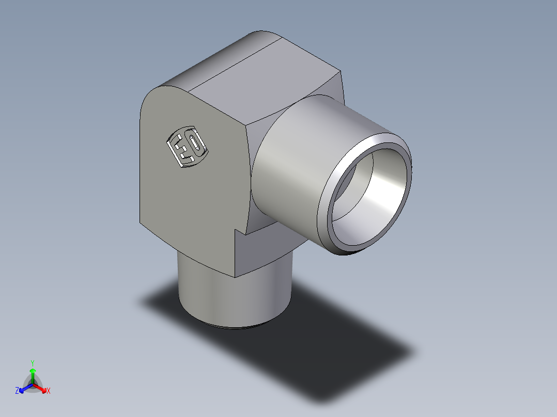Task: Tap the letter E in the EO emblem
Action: point(181,150)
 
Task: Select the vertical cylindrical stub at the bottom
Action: point(233,299)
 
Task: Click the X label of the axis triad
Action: point(49,391)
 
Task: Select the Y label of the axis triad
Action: point(32,363)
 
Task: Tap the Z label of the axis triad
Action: point(17,391)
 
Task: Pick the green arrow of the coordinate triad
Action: point(32,374)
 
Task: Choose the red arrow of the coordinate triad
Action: point(41,388)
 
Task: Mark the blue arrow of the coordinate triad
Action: point(24,388)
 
